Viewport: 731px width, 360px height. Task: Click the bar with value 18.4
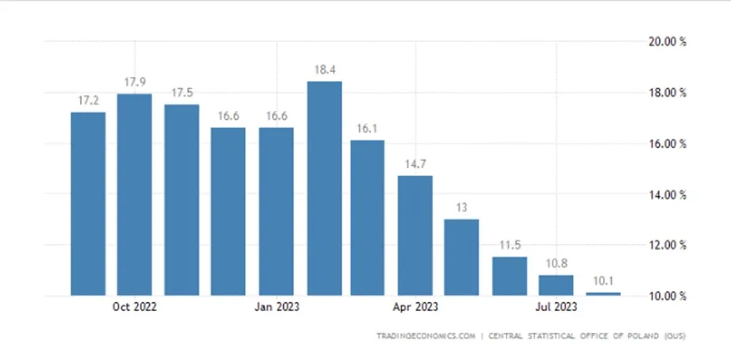[x=324, y=189]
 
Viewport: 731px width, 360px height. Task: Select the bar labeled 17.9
[x=134, y=194]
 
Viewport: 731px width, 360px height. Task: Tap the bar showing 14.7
[x=415, y=236]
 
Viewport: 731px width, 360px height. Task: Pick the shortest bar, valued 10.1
[x=603, y=293]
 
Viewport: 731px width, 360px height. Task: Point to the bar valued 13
[x=461, y=258]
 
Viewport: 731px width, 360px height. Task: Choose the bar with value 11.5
[x=510, y=276]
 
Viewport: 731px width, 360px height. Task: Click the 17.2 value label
[x=88, y=100]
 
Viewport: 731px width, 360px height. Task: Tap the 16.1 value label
[x=367, y=128]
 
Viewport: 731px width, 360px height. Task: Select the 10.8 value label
[x=557, y=263]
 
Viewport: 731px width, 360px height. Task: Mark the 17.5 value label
[x=182, y=92]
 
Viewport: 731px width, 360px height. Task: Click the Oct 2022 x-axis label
[x=135, y=307]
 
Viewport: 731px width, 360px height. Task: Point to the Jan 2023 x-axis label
[x=277, y=307]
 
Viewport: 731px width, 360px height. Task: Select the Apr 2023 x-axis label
[x=415, y=307]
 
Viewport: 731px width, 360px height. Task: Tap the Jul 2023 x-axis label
[x=556, y=307]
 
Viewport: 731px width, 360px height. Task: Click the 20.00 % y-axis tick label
[x=668, y=41]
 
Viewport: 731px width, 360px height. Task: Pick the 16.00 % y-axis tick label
[x=668, y=144]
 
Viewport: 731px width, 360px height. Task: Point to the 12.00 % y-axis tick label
[x=668, y=245]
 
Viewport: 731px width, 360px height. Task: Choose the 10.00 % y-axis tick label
[x=668, y=296]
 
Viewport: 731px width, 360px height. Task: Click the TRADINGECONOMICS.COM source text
[x=426, y=335]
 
